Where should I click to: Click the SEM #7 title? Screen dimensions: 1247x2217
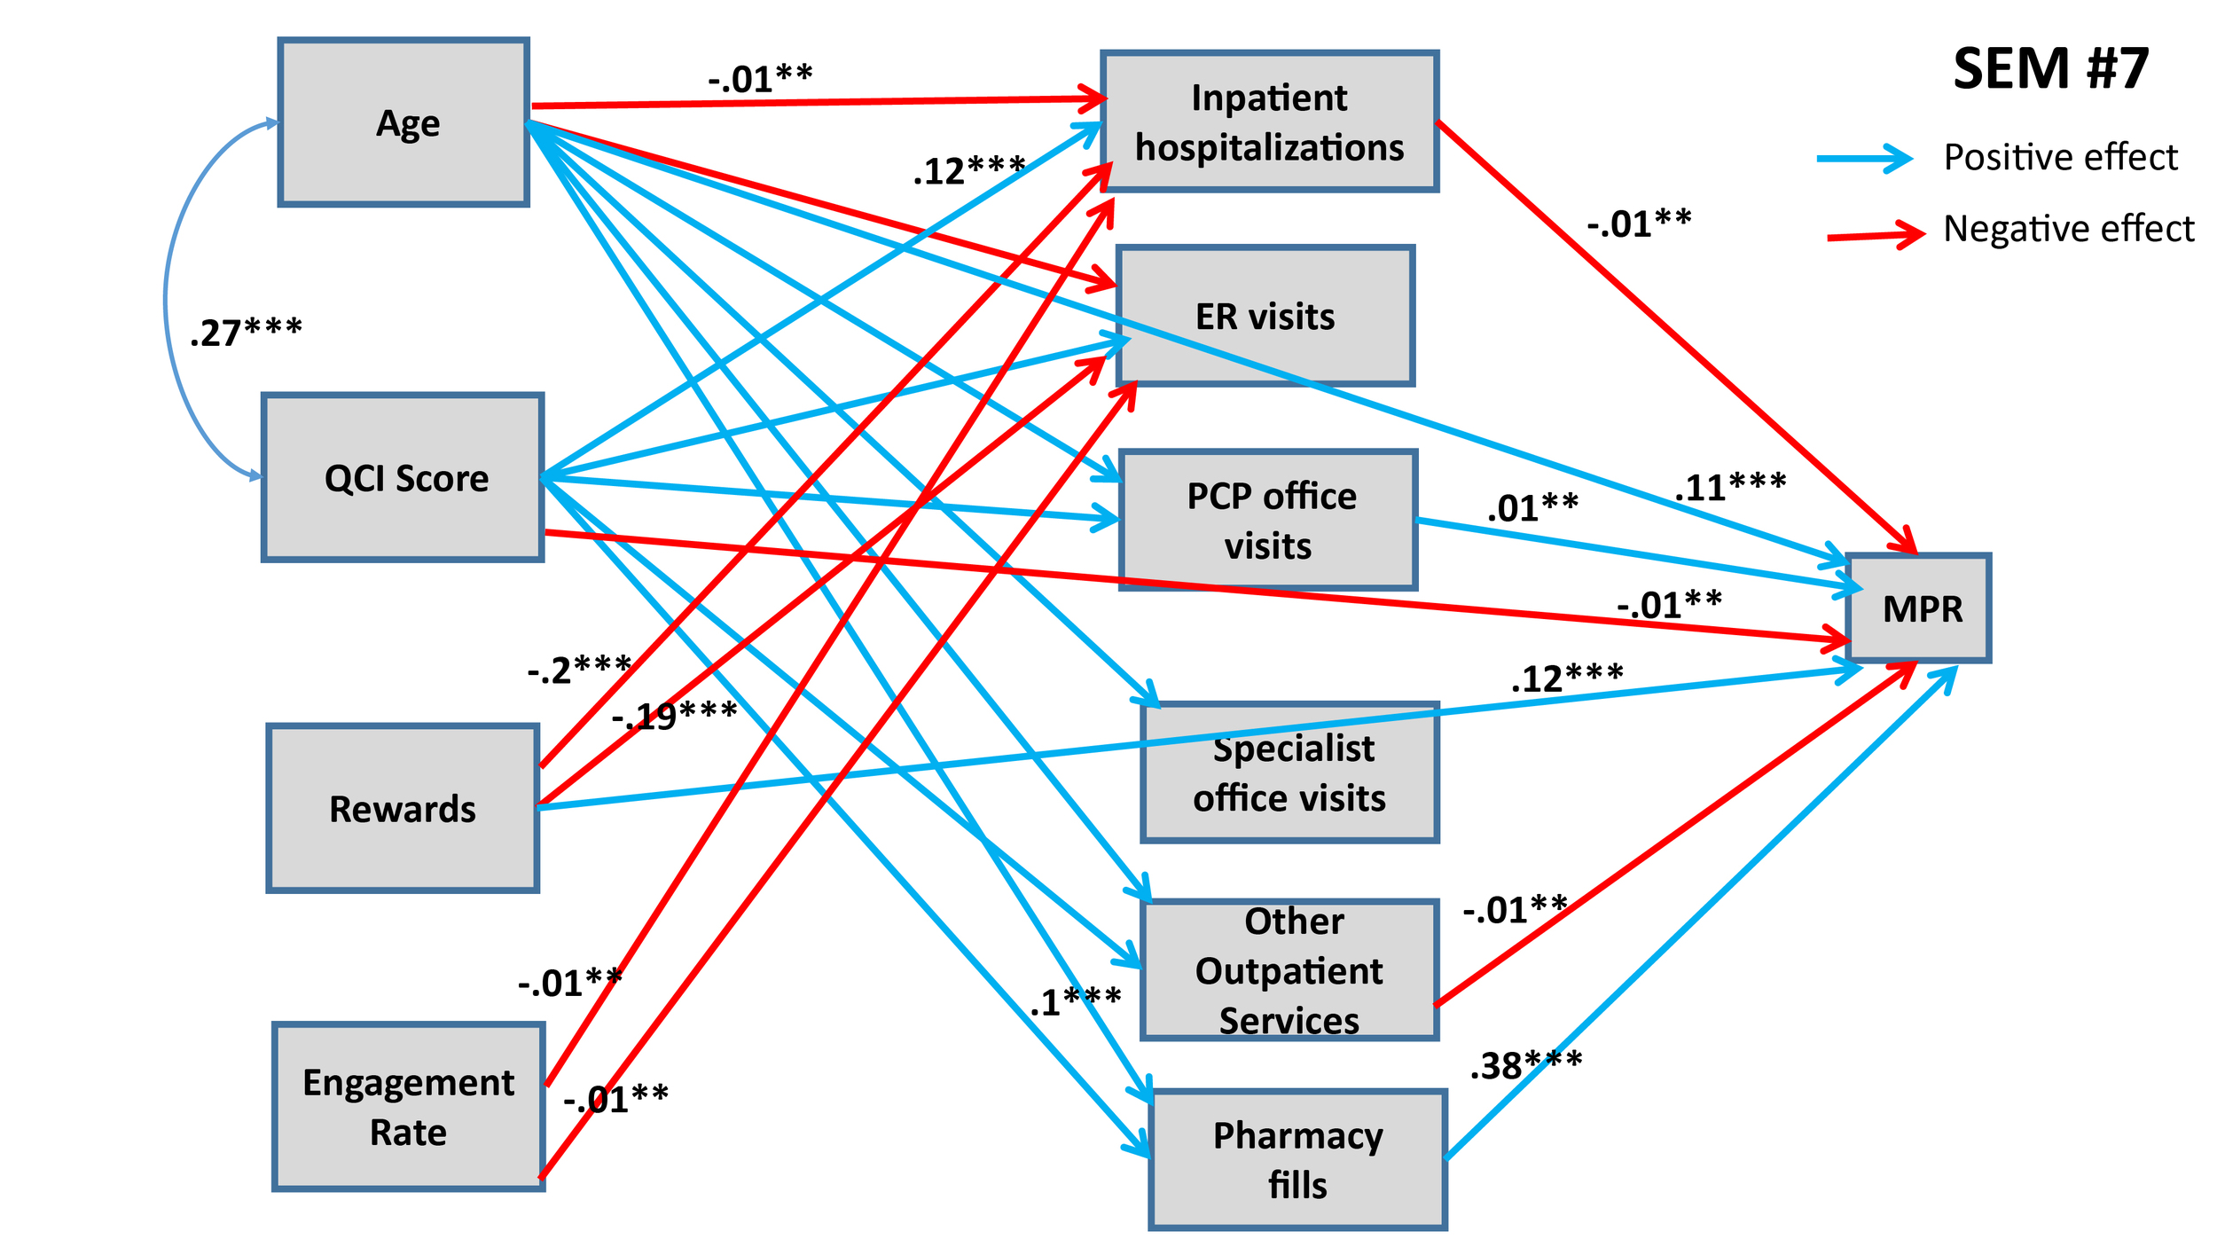point(2050,68)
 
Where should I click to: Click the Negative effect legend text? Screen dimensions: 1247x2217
point(2068,229)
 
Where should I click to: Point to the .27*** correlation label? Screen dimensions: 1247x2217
point(246,332)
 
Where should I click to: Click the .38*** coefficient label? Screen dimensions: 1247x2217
point(1525,1064)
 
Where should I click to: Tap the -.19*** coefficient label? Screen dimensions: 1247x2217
point(674,714)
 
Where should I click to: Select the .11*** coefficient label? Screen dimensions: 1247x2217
point(1729,487)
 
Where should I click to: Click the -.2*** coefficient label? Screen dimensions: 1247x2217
point(578,669)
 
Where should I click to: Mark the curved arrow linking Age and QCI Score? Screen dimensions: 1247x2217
point(166,302)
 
